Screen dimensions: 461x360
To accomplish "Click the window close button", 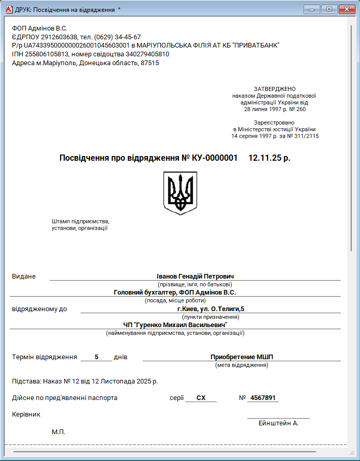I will (x=346, y=9).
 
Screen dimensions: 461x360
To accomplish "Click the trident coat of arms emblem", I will (x=180, y=193).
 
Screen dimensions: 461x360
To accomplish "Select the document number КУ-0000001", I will (x=215, y=158).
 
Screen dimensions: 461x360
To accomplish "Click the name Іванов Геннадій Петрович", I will (x=195, y=276).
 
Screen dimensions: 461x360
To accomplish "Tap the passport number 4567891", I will (x=263, y=398).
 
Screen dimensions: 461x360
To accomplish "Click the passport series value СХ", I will (x=201, y=398).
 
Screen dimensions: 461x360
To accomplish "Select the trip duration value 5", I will (x=96, y=357).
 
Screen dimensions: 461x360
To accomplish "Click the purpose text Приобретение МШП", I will (x=242, y=357).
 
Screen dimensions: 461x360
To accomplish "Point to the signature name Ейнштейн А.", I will (x=278, y=423).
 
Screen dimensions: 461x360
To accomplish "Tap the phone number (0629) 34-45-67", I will (x=117, y=37).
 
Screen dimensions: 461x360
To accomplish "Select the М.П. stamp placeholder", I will (x=58, y=432).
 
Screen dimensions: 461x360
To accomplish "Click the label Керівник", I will (x=26, y=414).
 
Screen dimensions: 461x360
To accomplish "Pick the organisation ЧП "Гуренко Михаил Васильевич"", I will (x=175, y=325).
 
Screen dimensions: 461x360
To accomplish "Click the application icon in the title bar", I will (x=8, y=9).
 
